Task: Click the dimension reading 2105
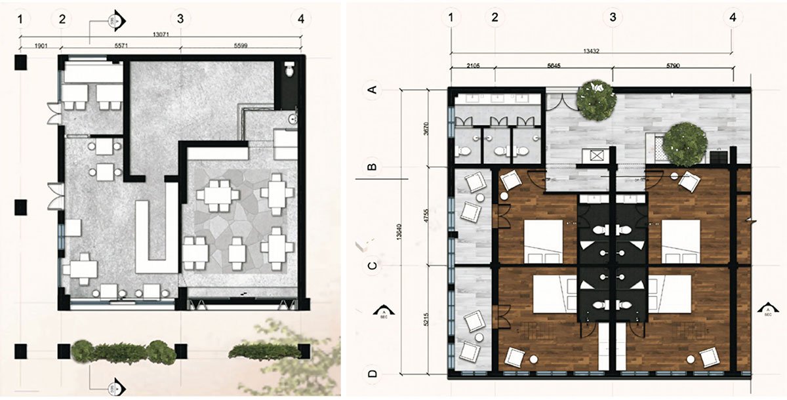click(x=472, y=66)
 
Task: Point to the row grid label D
click(x=373, y=374)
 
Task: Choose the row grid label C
click(x=373, y=266)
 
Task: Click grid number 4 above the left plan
click(x=300, y=18)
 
